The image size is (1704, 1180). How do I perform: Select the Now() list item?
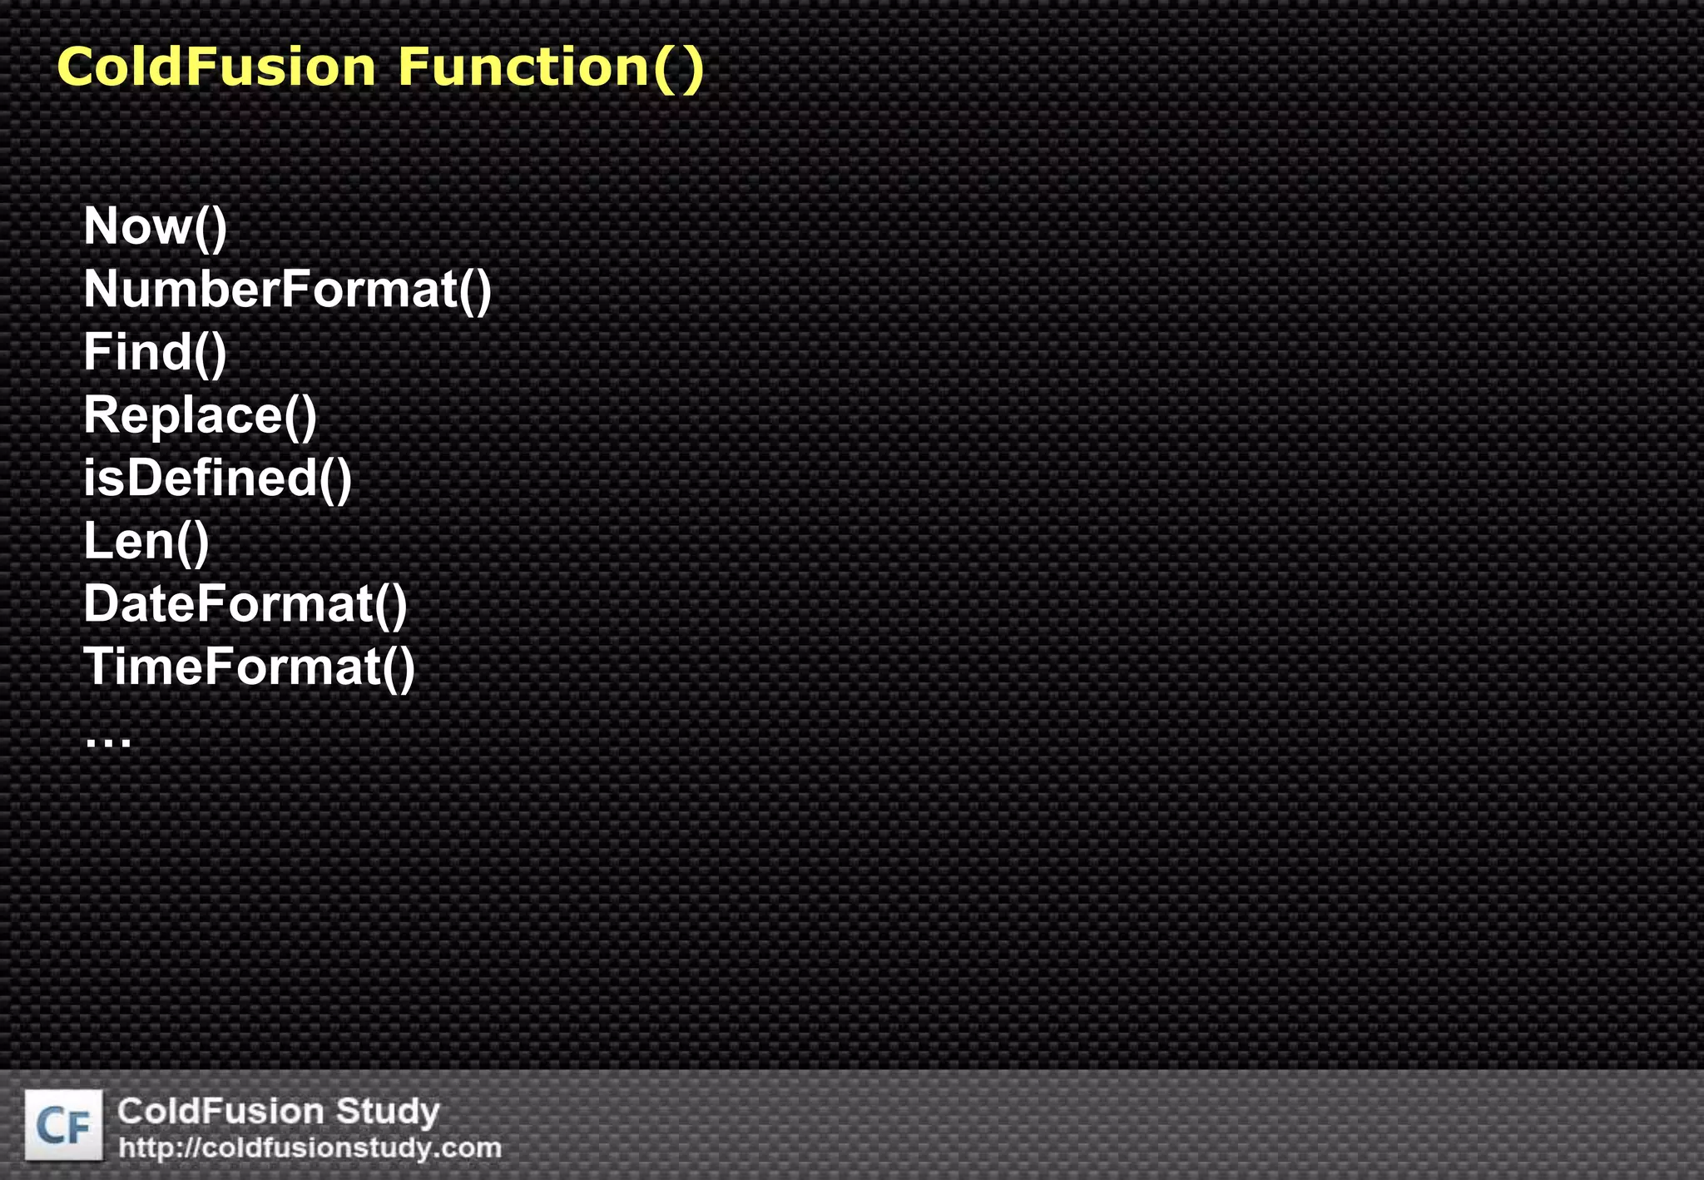155,226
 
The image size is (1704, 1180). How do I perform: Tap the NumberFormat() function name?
287,290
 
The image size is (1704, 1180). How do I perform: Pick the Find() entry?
155,353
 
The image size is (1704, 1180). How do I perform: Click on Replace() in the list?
200,415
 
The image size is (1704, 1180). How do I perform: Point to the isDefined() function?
217,478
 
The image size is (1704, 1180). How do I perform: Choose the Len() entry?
146,542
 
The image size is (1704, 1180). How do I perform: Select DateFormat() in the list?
245,604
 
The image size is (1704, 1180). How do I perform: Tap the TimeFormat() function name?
249,667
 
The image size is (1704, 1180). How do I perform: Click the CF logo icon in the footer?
64,1125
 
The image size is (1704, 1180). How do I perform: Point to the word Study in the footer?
387,1112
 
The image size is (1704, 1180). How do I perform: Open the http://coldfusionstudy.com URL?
310,1148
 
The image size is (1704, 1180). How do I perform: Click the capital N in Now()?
102,226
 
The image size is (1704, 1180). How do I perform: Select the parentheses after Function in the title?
678,68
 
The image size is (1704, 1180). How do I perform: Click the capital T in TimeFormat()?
101,667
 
